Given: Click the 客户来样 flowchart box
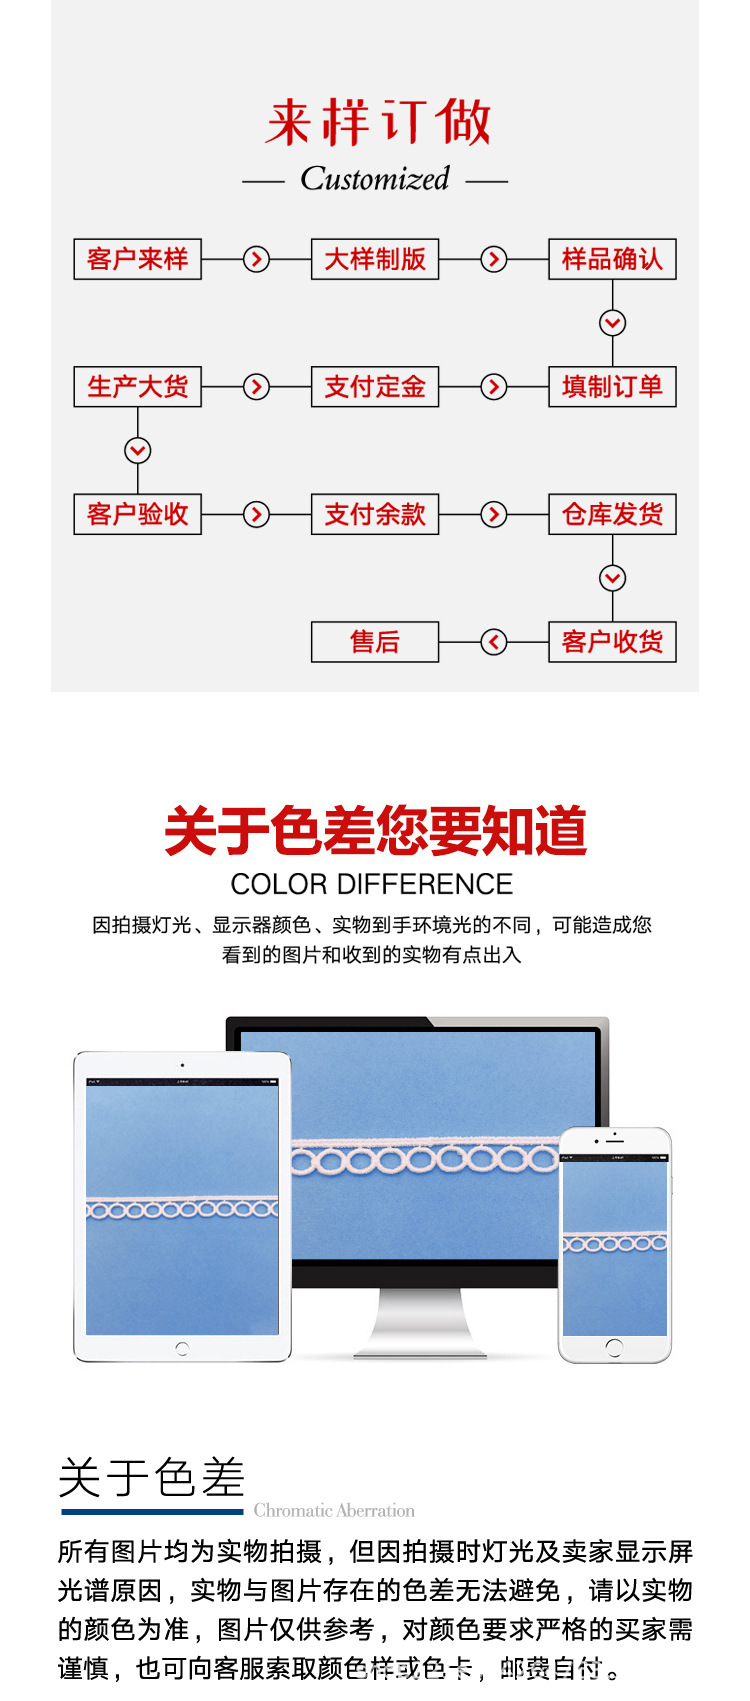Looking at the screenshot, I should tap(138, 259).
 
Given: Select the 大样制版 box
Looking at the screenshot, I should tap(375, 259).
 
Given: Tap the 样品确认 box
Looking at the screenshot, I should tap(612, 259).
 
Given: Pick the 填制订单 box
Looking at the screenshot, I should tap(612, 387).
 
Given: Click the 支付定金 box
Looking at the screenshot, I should tap(375, 387).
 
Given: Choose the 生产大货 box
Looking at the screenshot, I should tap(138, 387).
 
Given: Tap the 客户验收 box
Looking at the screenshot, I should tap(138, 514).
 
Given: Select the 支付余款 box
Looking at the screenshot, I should tap(375, 514).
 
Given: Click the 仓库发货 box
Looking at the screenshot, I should tap(612, 514).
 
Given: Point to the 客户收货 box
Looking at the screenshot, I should tap(612, 642).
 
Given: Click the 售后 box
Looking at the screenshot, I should tap(375, 642).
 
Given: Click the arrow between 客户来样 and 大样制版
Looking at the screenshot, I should tap(257, 259).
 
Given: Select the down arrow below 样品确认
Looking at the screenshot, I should tap(612, 323).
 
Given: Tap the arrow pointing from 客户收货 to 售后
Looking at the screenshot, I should tap(494, 642).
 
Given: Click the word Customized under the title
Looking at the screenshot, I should tap(375, 179).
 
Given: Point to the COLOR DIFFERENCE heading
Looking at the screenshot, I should tap(371, 884).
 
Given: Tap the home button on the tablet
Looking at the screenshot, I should tap(181, 1349).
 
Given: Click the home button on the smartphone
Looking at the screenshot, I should tap(614, 1347).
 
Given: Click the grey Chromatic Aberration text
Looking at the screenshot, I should tap(334, 1510).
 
